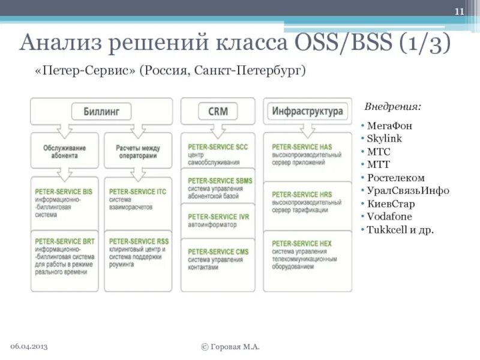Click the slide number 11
click(x=460, y=13)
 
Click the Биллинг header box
click(x=101, y=111)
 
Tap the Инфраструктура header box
click(x=307, y=111)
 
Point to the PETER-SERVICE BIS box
click(x=65, y=203)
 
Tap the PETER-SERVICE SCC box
click(x=217, y=154)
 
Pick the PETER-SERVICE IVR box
click(x=217, y=221)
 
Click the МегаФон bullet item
click(x=389, y=127)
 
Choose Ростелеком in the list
click(x=395, y=178)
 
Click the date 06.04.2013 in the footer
click(x=29, y=347)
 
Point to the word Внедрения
click(x=392, y=106)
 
